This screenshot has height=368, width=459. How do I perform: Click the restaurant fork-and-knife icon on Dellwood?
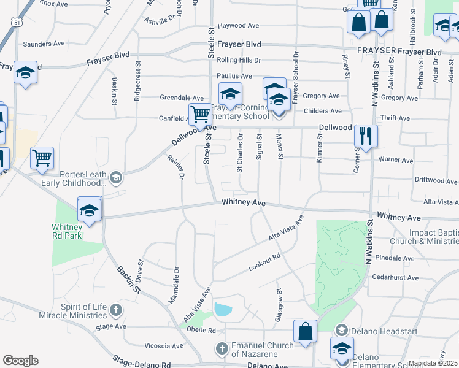pyautogui.click(x=366, y=136)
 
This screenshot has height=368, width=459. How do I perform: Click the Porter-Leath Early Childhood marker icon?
pyautogui.click(x=115, y=178)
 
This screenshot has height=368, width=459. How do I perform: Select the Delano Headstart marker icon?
pyautogui.click(x=342, y=331)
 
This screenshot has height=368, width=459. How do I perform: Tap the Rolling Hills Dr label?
pyautogui.click(x=239, y=60)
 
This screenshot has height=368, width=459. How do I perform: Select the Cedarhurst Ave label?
pyautogui.click(x=395, y=278)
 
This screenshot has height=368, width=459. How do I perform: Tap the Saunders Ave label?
pyautogui.click(x=44, y=44)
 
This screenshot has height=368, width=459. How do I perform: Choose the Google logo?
pyautogui.click(x=20, y=360)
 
